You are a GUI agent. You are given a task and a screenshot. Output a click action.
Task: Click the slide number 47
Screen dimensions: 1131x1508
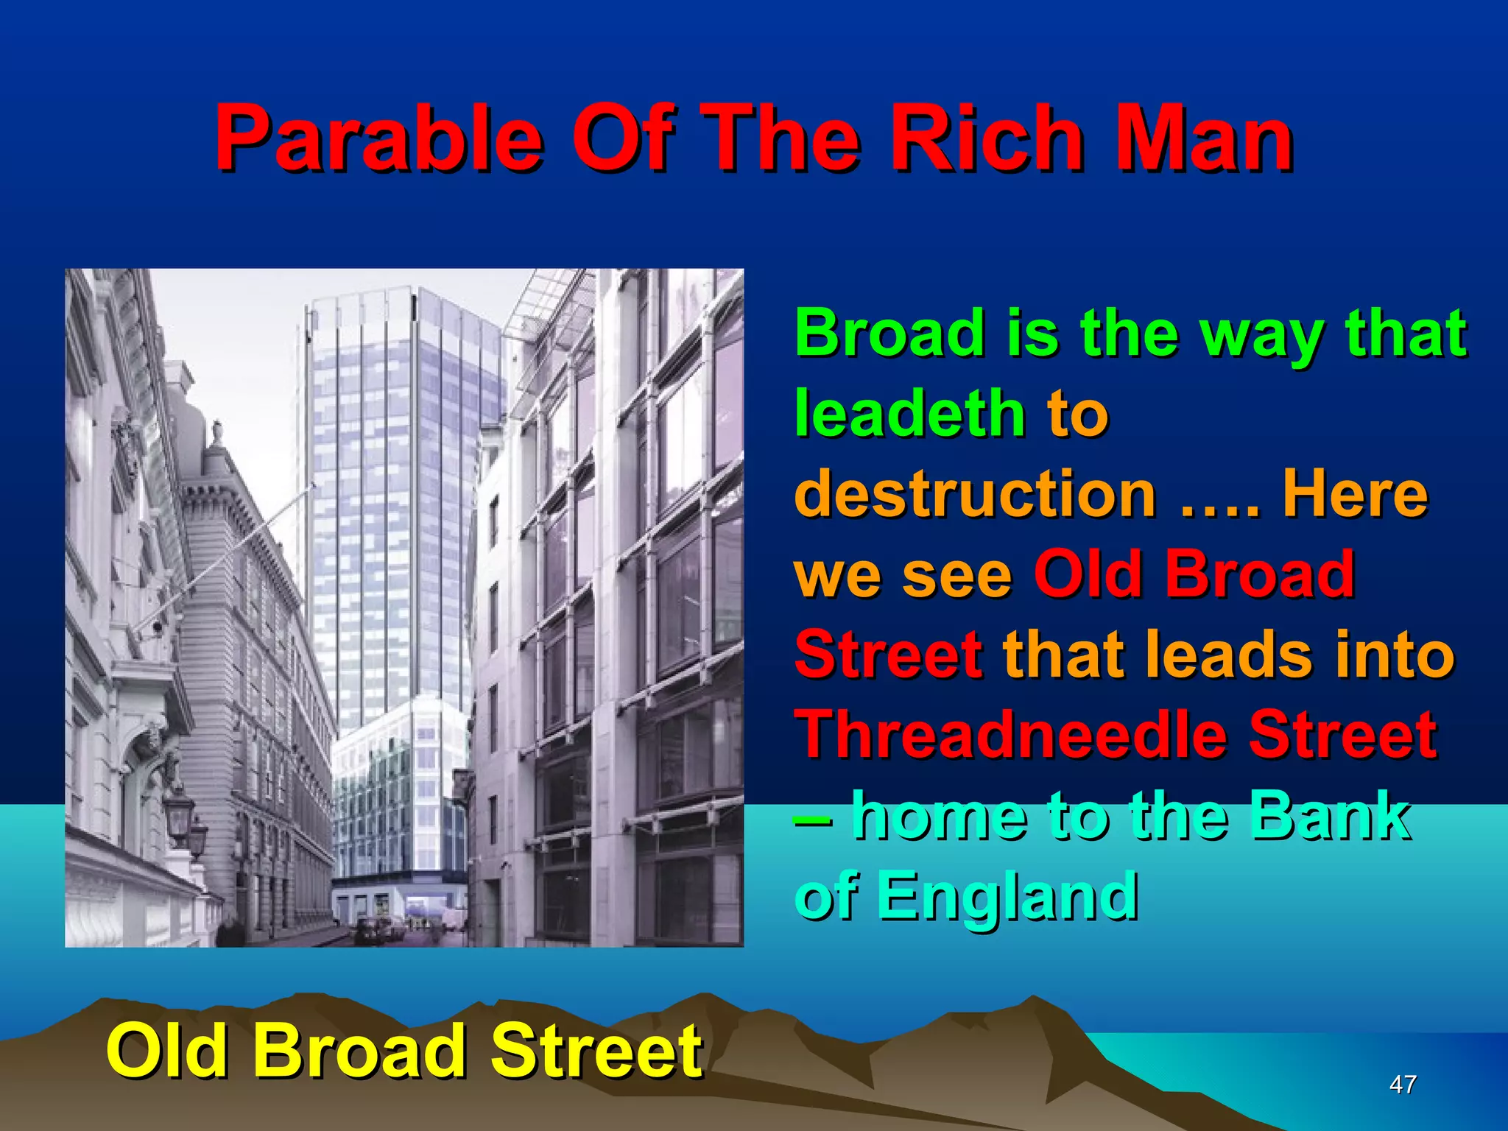pyautogui.click(x=1402, y=1084)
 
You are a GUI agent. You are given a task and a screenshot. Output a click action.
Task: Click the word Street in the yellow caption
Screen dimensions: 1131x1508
pyautogui.click(x=596, y=1051)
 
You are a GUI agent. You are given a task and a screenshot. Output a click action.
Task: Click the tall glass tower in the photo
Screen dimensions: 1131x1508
pyautogui.click(x=398, y=479)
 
